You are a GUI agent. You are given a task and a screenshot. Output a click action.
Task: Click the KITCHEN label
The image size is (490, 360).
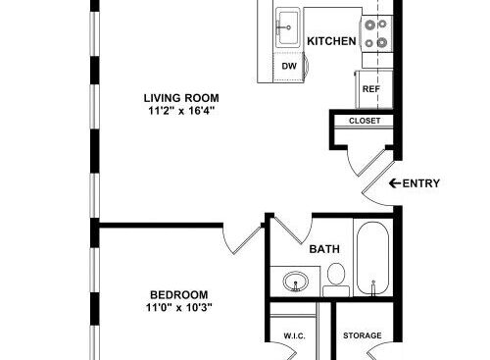(331, 41)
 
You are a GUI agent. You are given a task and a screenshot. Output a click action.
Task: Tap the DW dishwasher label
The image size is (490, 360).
(289, 66)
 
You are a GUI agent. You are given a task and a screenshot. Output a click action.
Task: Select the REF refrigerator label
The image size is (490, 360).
(371, 89)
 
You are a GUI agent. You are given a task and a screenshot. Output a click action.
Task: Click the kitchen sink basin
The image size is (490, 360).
(288, 27)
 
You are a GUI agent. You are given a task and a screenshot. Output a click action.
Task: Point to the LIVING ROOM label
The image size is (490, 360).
(181, 98)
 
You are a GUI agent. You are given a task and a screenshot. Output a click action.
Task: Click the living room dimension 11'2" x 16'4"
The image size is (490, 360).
(181, 111)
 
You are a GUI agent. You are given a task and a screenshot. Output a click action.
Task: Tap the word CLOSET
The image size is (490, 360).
(365, 121)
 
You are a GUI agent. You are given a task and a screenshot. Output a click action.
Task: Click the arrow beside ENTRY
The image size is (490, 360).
(395, 183)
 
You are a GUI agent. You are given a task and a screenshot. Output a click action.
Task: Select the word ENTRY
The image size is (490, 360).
(421, 183)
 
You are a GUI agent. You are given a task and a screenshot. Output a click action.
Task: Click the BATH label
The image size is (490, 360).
(324, 249)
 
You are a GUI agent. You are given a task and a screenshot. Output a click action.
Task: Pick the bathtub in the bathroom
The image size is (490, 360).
(372, 258)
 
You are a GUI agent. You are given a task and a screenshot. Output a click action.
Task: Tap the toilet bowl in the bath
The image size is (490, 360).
(336, 274)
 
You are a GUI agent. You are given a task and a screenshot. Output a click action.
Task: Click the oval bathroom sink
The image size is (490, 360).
(296, 282)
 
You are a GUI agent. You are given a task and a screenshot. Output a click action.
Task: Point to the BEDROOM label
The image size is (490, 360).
(179, 295)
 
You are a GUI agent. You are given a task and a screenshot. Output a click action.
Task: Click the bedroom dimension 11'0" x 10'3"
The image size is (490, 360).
(179, 308)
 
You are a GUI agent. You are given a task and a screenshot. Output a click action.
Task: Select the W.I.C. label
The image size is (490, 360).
(294, 335)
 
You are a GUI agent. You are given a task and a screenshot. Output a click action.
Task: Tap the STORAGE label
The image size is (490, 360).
(363, 335)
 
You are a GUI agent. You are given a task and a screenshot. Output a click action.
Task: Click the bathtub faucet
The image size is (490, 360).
(372, 287)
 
